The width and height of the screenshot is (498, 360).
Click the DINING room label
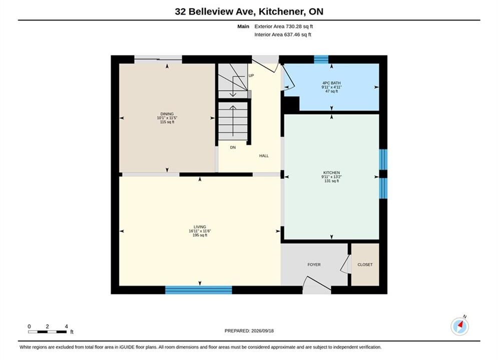click(167, 114)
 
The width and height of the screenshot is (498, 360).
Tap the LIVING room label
click(200, 227)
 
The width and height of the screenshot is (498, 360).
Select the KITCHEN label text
click(331, 172)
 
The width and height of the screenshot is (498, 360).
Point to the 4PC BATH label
click(331, 83)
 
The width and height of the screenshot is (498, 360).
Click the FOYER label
click(314, 264)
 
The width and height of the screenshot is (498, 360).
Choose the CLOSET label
click(365, 264)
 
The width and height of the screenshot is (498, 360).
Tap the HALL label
click(264, 155)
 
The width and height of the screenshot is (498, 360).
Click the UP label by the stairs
click(251, 75)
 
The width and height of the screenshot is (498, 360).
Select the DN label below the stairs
click(233, 147)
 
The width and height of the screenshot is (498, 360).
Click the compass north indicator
click(459, 325)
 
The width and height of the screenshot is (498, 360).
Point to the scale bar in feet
click(48, 332)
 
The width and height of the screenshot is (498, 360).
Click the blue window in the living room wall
click(199, 290)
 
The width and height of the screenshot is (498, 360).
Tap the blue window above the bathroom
click(321, 59)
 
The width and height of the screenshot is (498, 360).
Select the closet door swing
click(345, 264)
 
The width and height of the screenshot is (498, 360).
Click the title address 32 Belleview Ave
click(214, 11)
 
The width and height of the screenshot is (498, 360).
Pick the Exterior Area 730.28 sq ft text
click(284, 26)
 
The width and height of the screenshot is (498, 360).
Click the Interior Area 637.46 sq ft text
click(283, 34)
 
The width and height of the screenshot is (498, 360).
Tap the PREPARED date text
click(249, 330)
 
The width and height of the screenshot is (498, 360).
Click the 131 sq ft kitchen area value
click(331, 181)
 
